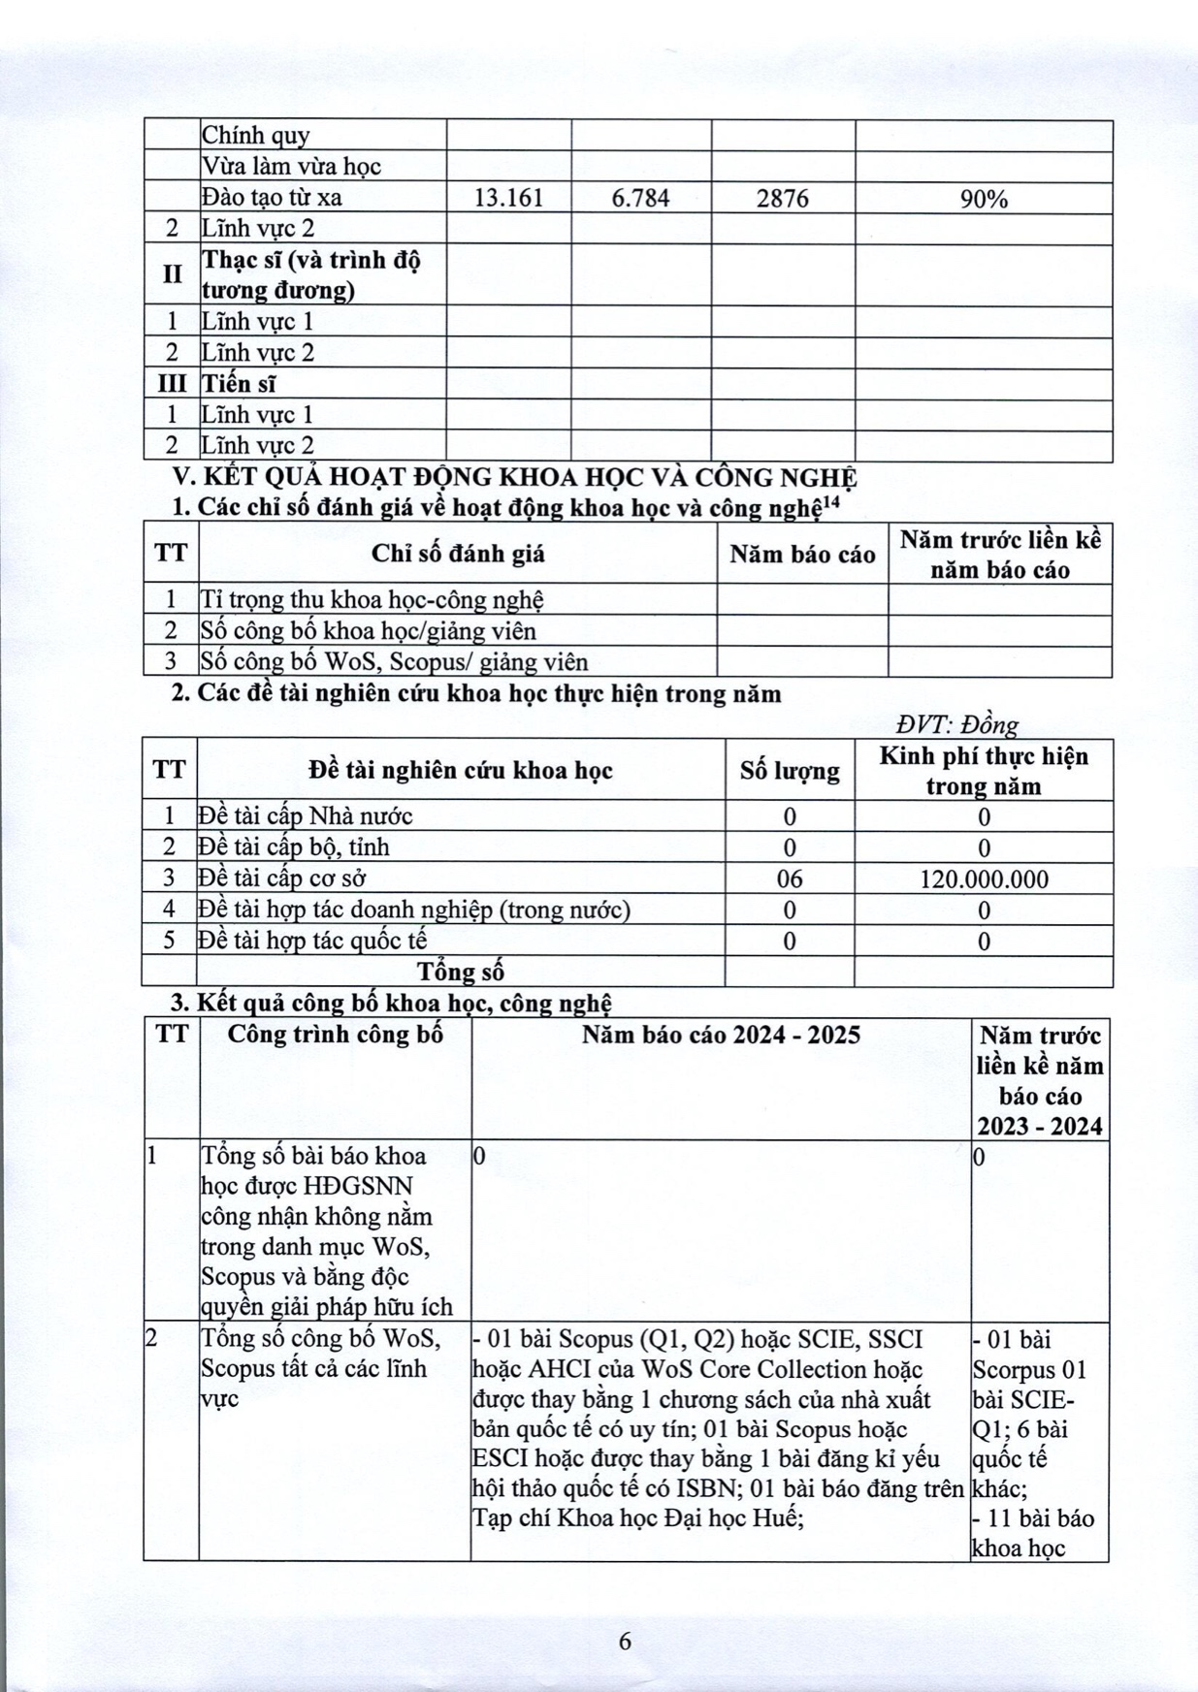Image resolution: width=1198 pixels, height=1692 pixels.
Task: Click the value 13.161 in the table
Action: pos(508,198)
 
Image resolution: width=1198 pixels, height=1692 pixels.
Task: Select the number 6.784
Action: pos(640,198)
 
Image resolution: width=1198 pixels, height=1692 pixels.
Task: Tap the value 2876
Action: pos(783,198)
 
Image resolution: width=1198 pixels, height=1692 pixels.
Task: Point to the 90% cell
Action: pos(984,199)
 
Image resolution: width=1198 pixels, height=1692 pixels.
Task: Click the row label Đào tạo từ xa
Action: pos(272,198)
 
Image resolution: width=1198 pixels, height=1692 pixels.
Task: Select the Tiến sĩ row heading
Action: pos(239,384)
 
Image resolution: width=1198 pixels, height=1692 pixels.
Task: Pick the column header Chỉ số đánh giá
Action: pos(458,554)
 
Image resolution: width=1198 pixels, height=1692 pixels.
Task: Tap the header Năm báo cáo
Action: pos(802,554)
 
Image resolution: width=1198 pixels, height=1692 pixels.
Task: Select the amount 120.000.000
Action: pos(984,879)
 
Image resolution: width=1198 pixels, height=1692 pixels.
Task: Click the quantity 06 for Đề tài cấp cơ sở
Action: pos(790,879)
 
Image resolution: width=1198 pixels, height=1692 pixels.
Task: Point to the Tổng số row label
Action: pos(461,972)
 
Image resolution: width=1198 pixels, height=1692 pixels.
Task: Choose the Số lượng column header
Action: pos(790,771)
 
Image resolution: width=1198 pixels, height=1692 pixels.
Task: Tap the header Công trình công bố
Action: pos(335,1035)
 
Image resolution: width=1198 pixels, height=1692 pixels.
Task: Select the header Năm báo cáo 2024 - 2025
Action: pos(721,1035)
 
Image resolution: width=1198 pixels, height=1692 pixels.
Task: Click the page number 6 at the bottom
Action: pos(625,1641)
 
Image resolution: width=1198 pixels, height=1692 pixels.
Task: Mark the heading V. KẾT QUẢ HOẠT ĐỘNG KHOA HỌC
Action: pos(514,477)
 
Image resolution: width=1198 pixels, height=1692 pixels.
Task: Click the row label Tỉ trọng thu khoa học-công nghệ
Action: pos(372,599)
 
